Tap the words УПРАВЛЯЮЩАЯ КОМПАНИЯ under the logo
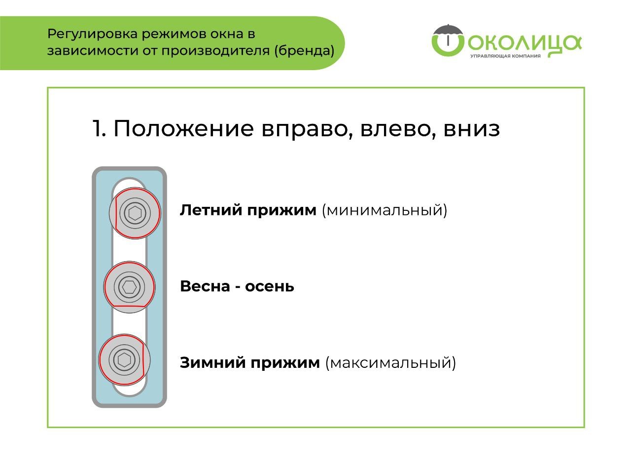coord(505,56)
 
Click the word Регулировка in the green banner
coord(93,35)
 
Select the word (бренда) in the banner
coord(304,51)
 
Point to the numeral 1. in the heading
coord(99,128)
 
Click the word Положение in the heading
coord(184,129)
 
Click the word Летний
coord(211,210)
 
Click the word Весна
coord(205,286)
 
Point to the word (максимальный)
coord(390,363)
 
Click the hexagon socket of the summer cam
coord(135,213)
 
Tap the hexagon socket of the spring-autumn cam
coord(129,287)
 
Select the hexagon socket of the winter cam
coord(124,360)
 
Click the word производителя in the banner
coord(215,51)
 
